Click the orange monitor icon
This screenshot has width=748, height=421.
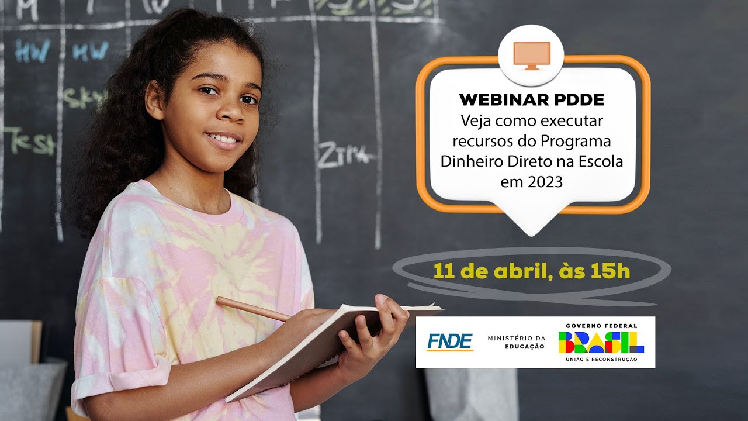tap(531, 55)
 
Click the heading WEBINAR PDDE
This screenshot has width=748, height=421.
tap(532, 100)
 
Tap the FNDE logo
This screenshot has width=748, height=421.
tap(449, 341)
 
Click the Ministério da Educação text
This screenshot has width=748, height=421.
tap(516, 342)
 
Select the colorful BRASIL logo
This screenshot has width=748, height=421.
tap(601, 342)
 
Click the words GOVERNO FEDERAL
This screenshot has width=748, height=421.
tap(601, 326)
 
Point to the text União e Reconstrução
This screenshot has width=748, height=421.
tap(601, 359)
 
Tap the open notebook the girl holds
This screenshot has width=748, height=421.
tap(327, 345)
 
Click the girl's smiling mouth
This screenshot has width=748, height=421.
tap(224, 139)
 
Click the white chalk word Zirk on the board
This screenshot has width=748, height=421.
tap(344, 155)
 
